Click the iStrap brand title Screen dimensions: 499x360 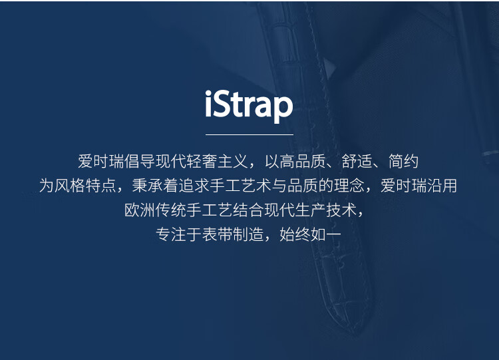point(249,106)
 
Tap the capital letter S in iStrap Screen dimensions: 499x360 point(223,104)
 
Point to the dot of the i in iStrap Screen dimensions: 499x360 point(208,93)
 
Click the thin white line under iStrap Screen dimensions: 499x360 point(249,134)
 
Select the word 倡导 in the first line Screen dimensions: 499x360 point(140,162)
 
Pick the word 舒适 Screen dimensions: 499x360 point(357,162)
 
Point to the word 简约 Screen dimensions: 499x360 point(404,162)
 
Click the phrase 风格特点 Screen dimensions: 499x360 point(85,186)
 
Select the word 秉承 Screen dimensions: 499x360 point(147,186)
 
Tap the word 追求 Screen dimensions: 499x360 point(194,186)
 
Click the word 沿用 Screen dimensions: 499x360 point(442,186)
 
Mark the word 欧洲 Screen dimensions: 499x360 point(140,210)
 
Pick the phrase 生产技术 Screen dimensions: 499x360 point(326,210)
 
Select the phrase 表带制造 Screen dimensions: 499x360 point(234,235)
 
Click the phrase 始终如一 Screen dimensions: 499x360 point(310,235)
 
